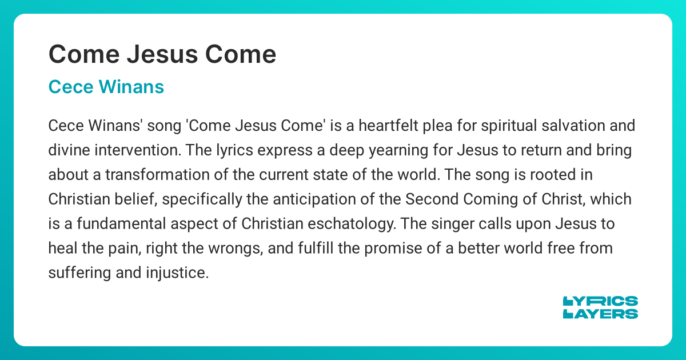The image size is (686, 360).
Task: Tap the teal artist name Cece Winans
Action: click(x=106, y=87)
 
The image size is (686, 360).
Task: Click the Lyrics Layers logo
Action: click(x=600, y=307)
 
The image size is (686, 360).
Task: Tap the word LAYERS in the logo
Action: click(x=600, y=314)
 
